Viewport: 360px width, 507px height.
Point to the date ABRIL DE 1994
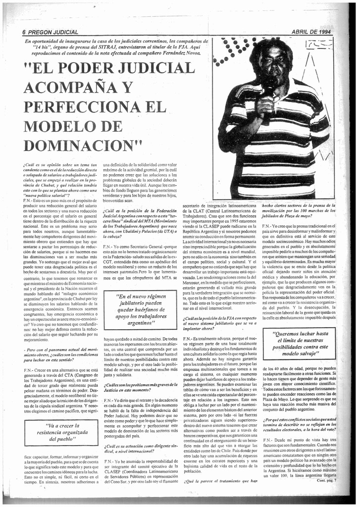click(311, 32)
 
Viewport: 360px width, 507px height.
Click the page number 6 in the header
click(23, 32)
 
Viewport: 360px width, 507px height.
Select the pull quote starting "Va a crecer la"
click(61, 432)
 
